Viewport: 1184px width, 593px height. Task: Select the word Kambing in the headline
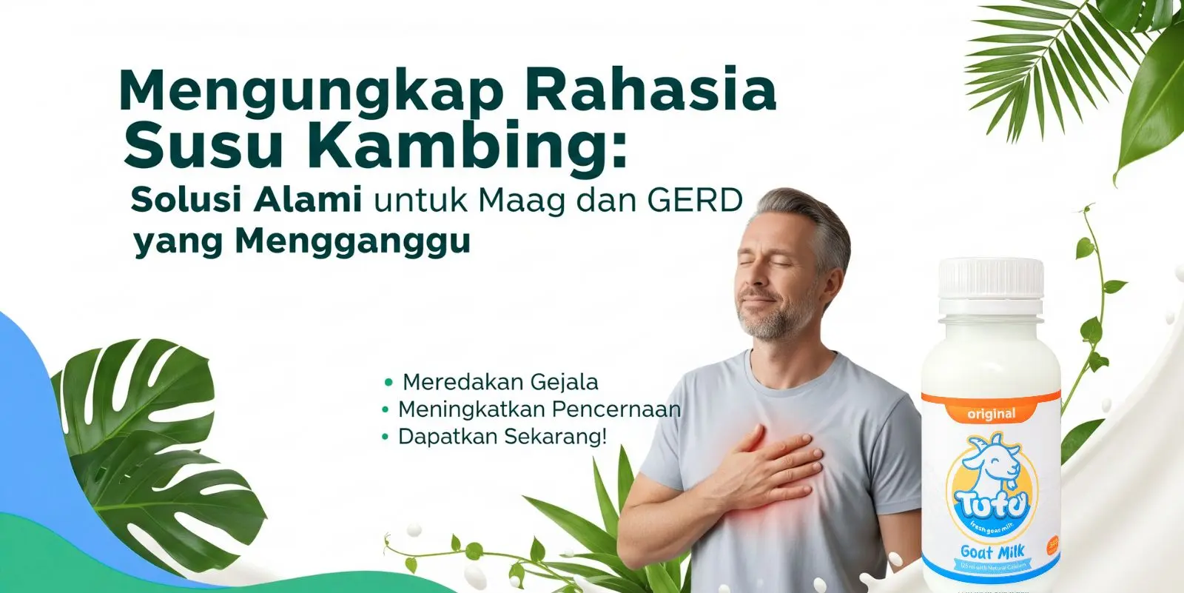click(x=472, y=145)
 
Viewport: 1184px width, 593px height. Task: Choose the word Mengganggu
click(x=352, y=241)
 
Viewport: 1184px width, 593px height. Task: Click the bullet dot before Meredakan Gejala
click(x=388, y=383)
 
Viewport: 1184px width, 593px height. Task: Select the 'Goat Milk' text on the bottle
click(x=992, y=552)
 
